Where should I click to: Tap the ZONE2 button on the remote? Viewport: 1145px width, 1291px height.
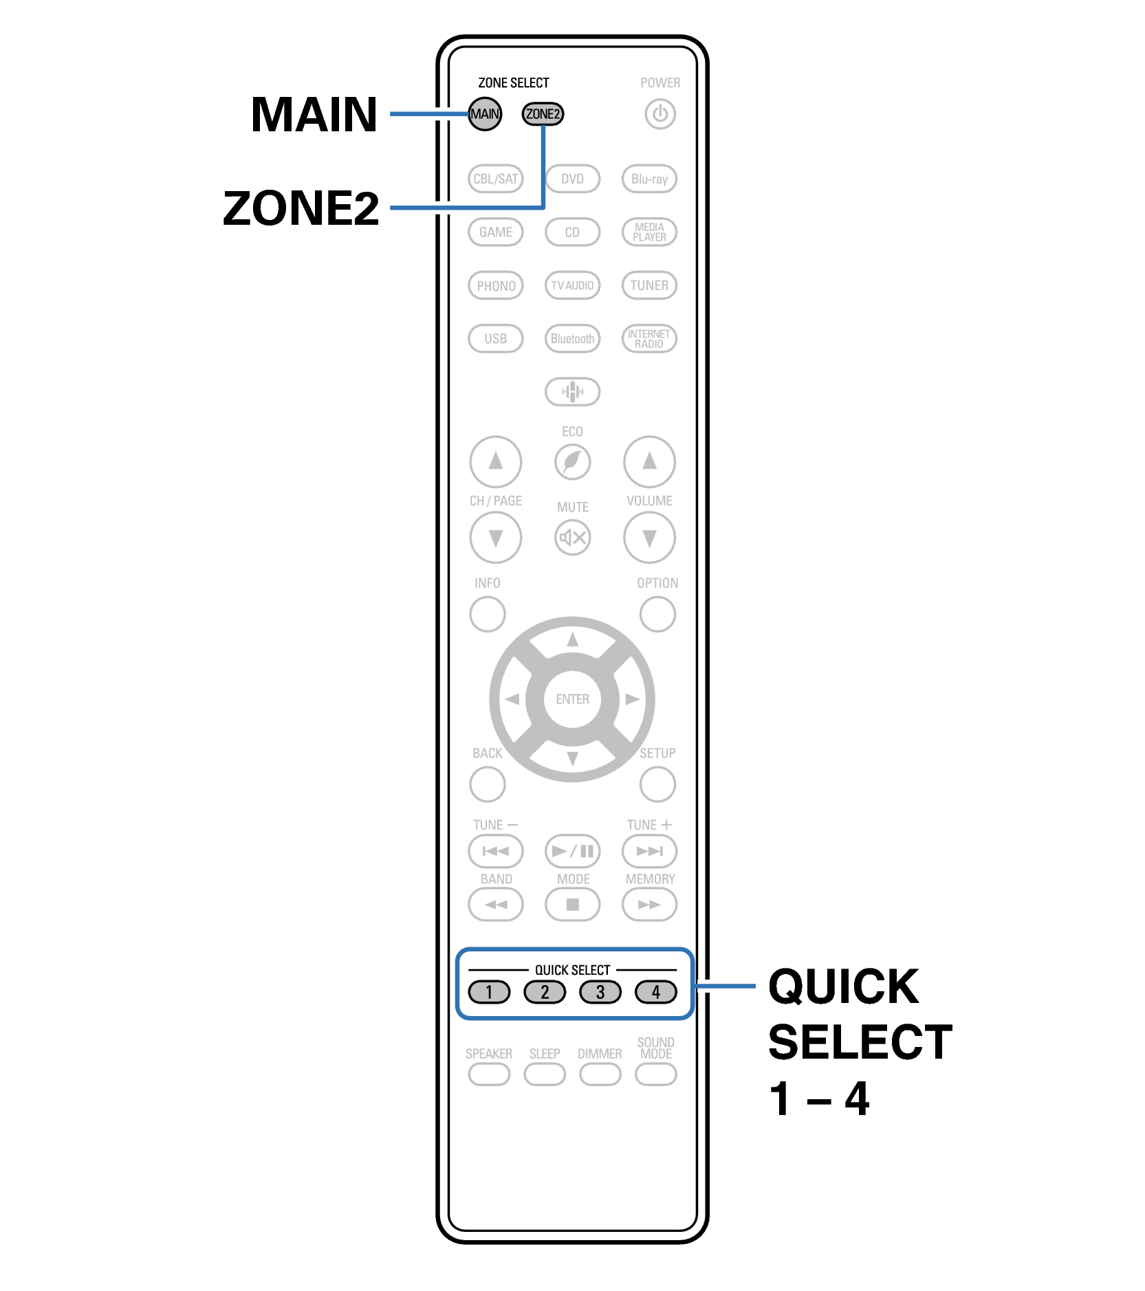pyautogui.click(x=543, y=114)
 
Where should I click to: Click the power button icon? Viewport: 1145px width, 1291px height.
pyautogui.click(x=659, y=114)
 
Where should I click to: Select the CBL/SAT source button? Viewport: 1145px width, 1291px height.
pyautogui.click(x=495, y=179)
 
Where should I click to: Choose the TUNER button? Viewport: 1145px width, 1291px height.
pyautogui.click(x=649, y=285)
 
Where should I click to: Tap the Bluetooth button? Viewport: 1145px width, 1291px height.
pyautogui.click(x=572, y=338)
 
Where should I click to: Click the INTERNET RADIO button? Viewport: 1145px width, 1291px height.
pyautogui.click(x=649, y=338)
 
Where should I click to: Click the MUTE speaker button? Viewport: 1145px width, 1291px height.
pyautogui.click(x=572, y=537)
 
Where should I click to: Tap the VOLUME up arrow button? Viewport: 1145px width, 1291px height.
pyautogui.click(x=649, y=461)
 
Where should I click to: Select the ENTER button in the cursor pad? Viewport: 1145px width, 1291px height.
pyautogui.click(x=572, y=699)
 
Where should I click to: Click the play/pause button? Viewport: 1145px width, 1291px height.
pyautogui.click(x=572, y=851)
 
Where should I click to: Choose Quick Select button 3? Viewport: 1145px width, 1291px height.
pyautogui.click(x=600, y=992)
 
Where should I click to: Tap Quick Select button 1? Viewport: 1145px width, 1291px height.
pyautogui.click(x=489, y=992)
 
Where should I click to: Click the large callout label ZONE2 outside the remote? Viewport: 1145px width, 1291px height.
pyautogui.click(x=301, y=208)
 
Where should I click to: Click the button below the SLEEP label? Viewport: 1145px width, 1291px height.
pyautogui.click(x=544, y=1074)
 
